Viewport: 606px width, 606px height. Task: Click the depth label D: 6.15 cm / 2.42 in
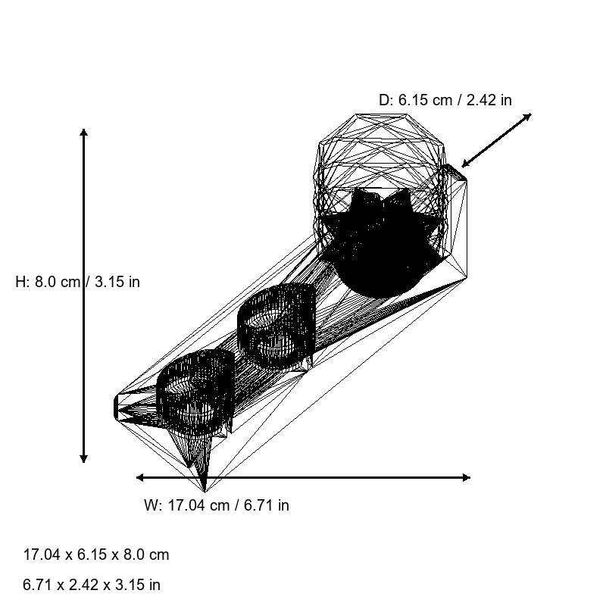coord(445,100)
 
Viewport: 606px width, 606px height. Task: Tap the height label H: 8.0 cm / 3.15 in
coord(77,282)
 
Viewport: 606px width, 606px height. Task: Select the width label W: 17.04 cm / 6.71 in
coord(216,505)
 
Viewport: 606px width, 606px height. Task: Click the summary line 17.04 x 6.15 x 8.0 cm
coord(96,554)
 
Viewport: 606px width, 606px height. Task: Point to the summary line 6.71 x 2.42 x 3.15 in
coord(92,585)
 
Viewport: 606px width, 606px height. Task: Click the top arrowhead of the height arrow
coord(83,133)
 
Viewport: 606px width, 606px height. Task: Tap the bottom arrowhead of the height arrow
coord(83,458)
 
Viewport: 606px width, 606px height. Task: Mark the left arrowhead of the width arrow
coord(140,477)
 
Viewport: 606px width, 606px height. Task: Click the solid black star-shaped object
coord(379,242)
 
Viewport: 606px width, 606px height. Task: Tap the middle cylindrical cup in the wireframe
coord(276,326)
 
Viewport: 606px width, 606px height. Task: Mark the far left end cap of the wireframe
coord(118,408)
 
